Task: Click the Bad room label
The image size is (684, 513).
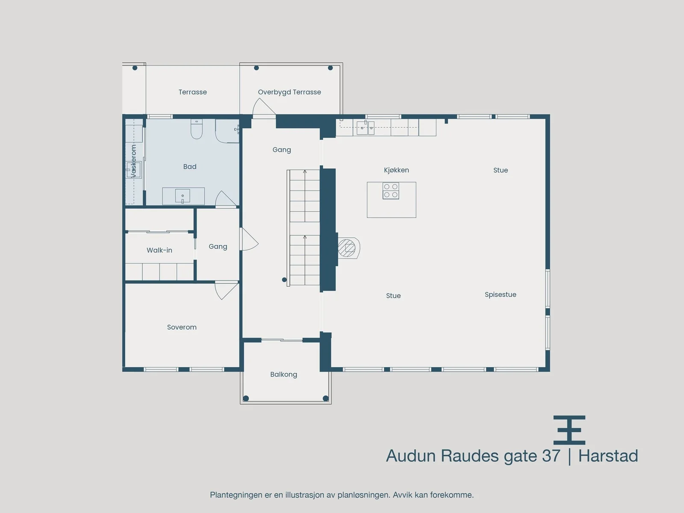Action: coord(190,167)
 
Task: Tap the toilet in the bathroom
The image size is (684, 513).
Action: coord(197,129)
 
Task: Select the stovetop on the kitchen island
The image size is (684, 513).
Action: coord(391,191)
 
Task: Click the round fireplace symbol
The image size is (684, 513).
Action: coord(349,248)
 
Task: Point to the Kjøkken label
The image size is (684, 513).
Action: coord(396,170)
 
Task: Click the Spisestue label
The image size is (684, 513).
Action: coord(501,295)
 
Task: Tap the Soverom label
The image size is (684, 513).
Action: coord(182,327)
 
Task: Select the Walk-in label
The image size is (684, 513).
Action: coord(159,250)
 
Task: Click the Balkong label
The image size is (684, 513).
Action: coord(283,374)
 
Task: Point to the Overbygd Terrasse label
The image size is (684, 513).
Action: coord(289,92)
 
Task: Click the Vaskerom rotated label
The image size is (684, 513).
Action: coord(134,161)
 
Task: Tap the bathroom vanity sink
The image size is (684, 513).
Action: coord(183,196)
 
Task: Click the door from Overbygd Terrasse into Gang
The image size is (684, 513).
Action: coord(264,107)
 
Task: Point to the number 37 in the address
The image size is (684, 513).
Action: coord(551,456)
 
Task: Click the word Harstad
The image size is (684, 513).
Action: coord(608,456)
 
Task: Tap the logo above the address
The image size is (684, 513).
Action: coord(569,430)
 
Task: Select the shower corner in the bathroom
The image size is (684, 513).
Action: coord(227,131)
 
